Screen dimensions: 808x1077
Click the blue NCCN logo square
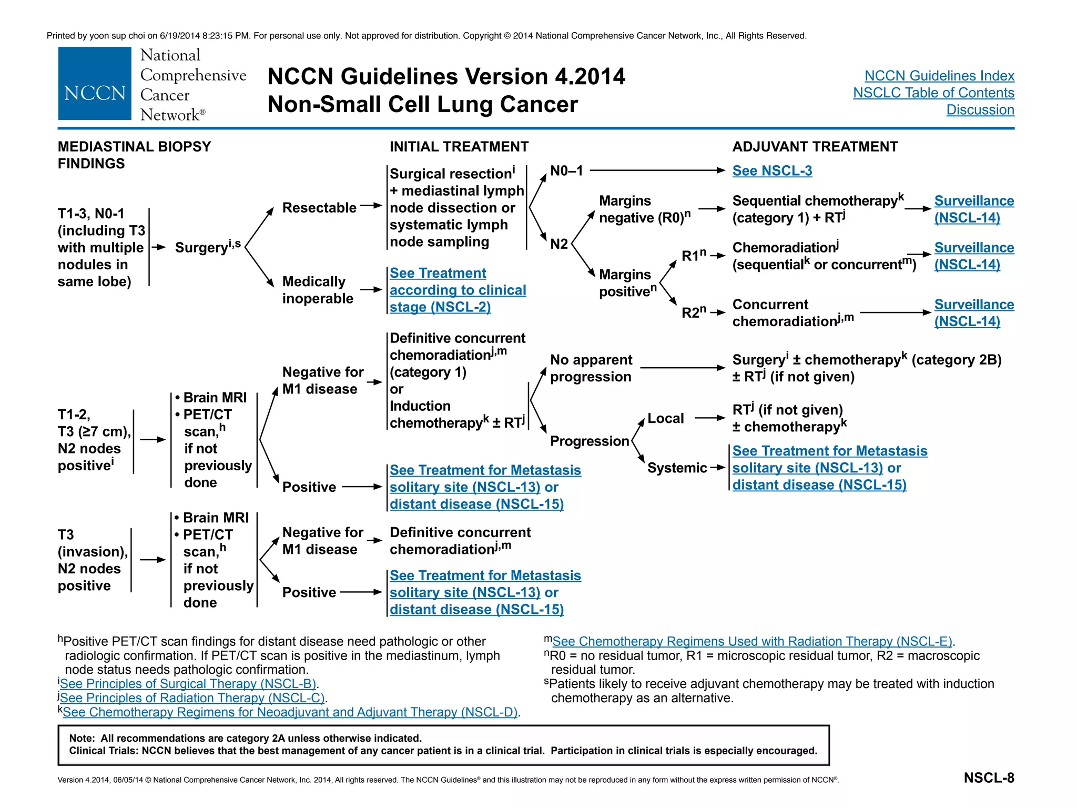pyautogui.click(x=95, y=84)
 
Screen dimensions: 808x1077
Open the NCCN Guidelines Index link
pyautogui.click(x=939, y=76)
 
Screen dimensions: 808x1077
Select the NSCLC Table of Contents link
pyautogui.click(x=933, y=93)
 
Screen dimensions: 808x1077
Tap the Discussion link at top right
pyautogui.click(x=980, y=109)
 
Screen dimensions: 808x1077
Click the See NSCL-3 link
pyautogui.click(x=772, y=170)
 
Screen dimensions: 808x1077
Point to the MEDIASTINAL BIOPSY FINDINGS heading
pyautogui.click(x=134, y=155)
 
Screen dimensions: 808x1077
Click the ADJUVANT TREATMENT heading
pyautogui.click(x=815, y=146)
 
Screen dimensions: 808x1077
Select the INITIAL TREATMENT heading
pyautogui.click(x=459, y=146)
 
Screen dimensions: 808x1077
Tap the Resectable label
pyautogui.click(x=319, y=207)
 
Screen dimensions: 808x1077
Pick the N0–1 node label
pyautogui.click(x=566, y=170)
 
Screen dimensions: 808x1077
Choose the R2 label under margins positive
pyautogui.click(x=694, y=312)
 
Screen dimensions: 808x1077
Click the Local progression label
pyautogui.click(x=666, y=418)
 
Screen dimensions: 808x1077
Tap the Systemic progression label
pyautogui.click(x=677, y=468)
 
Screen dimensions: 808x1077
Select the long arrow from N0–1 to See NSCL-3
pyautogui.click(x=657, y=170)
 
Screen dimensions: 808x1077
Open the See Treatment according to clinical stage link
pyautogui.click(x=458, y=290)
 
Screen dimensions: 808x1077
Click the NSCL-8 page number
pyautogui.click(x=989, y=777)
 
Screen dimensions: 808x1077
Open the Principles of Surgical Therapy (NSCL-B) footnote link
pyautogui.click(x=188, y=683)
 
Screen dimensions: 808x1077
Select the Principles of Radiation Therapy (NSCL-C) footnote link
pyautogui.click(x=192, y=698)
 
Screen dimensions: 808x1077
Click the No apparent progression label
pyautogui.click(x=591, y=368)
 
